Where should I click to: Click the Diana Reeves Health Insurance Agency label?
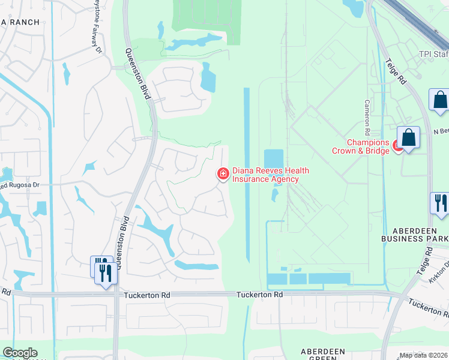tap(265, 175)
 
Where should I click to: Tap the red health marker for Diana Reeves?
tap(223, 174)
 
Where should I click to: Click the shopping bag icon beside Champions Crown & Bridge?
tap(409, 137)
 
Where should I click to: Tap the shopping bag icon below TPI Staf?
tap(439, 100)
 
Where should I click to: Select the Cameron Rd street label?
tap(367, 117)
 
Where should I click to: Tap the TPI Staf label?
tap(433, 54)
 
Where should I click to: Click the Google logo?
tap(20, 353)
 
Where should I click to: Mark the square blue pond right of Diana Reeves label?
tap(273, 159)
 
